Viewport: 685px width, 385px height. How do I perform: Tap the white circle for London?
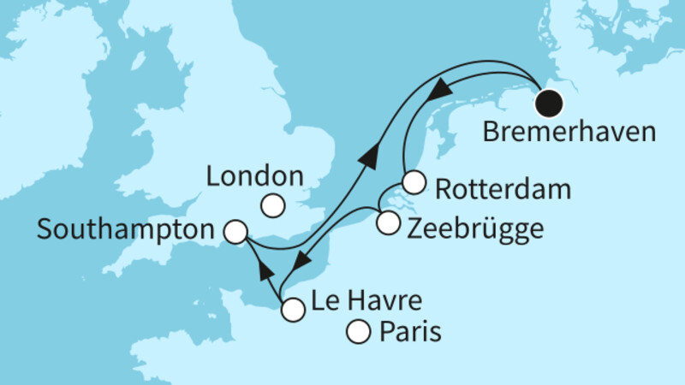(273, 206)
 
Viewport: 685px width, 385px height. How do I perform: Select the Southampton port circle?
(235, 231)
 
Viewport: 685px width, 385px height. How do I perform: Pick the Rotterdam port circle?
(414, 182)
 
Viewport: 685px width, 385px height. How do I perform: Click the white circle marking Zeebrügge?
(388, 223)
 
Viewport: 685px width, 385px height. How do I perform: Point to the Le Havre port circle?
(292, 310)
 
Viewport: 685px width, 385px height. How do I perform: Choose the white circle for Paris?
(357, 330)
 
